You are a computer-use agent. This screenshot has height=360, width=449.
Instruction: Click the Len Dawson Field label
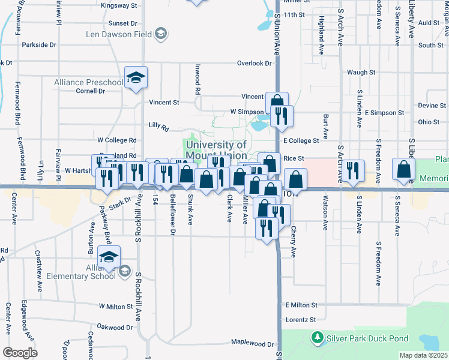(x=120, y=34)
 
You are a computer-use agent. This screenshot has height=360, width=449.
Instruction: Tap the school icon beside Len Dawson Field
(x=160, y=34)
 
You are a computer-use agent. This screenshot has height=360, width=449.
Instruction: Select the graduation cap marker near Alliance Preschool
(x=136, y=78)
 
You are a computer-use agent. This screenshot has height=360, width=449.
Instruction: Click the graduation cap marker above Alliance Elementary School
(x=109, y=257)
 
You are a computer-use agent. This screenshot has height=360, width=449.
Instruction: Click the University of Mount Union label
(x=216, y=150)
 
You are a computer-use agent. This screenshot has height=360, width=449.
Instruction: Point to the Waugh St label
(x=361, y=72)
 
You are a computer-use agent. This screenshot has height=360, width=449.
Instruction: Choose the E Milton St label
(x=301, y=305)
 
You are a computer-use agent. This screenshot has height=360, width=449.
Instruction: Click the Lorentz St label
(x=301, y=320)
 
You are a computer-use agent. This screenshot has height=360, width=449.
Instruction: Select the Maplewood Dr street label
(x=253, y=344)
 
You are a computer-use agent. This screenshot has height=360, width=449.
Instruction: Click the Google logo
(x=20, y=352)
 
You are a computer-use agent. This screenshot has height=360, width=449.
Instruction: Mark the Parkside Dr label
(x=38, y=44)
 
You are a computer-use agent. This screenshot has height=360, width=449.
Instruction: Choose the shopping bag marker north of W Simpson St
(x=277, y=103)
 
